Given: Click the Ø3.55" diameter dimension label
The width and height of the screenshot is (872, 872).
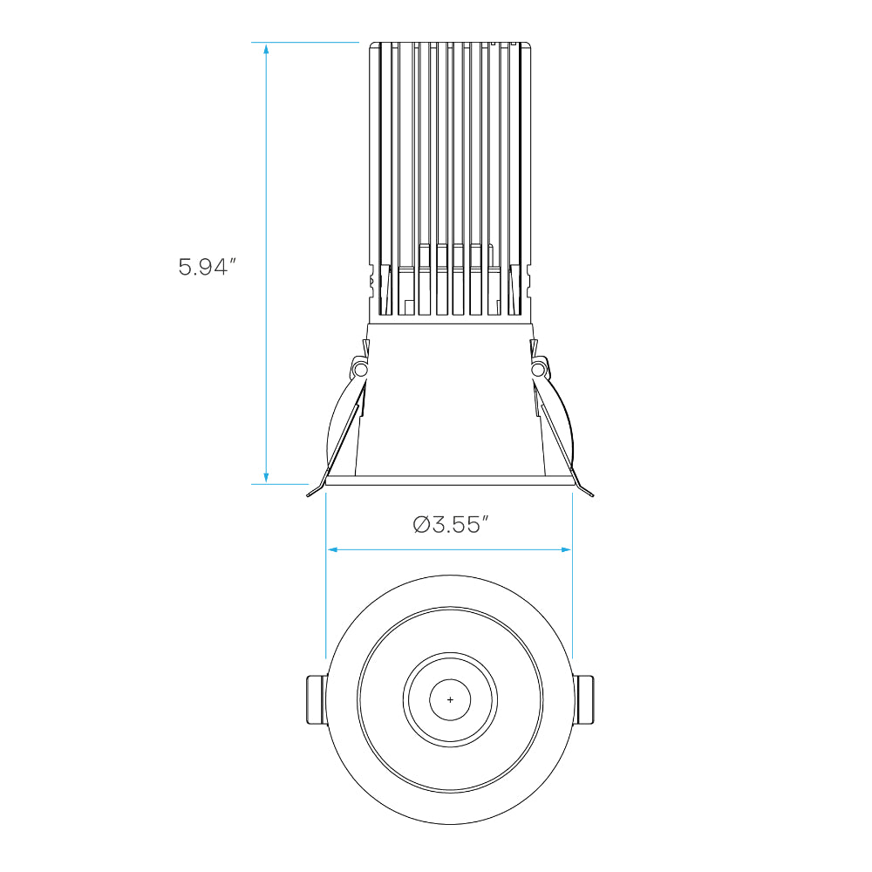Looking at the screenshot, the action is (x=451, y=524).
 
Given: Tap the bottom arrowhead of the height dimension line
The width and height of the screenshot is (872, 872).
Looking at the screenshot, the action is (x=266, y=477).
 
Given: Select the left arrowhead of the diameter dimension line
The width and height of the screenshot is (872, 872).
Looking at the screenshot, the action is (x=332, y=550).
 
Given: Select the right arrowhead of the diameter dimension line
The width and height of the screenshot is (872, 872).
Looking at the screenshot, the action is (x=566, y=550).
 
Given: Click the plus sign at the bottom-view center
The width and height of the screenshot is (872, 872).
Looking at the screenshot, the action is (x=450, y=699).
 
